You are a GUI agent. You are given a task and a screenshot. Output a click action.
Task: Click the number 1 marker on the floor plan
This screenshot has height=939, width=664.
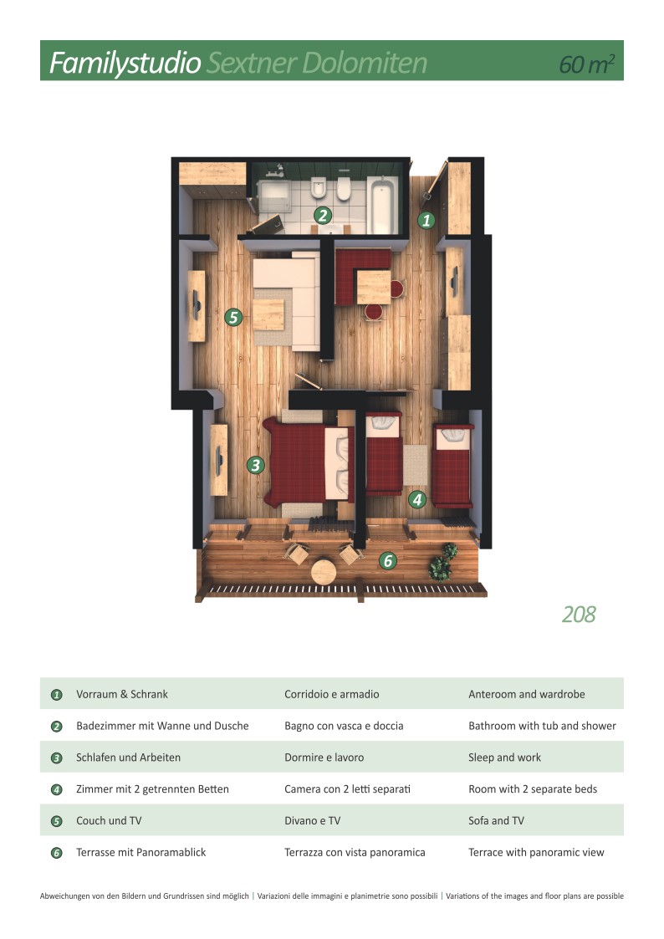click(426, 221)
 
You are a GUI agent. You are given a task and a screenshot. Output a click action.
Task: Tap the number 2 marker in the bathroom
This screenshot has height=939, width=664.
click(322, 215)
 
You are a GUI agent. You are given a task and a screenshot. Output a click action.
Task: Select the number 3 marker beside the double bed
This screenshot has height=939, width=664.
click(256, 465)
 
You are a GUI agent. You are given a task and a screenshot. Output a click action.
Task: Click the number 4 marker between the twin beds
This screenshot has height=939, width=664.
click(417, 500)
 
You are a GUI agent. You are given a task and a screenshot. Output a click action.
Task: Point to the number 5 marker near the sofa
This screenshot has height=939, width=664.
click(233, 317)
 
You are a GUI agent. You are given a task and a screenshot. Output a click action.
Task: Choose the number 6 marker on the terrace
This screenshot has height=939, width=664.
click(387, 561)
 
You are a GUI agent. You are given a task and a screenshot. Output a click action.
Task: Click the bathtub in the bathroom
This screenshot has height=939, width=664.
click(384, 205)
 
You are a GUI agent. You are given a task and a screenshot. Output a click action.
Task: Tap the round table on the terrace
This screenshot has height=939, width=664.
click(324, 572)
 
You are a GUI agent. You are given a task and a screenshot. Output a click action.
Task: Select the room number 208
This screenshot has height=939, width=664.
click(579, 615)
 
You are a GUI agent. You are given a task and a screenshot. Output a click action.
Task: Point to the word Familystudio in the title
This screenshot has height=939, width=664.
click(125, 63)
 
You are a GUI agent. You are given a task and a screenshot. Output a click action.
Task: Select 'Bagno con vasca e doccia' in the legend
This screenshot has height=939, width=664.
click(344, 726)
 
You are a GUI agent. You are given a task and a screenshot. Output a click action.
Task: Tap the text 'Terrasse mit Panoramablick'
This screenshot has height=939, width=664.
click(140, 852)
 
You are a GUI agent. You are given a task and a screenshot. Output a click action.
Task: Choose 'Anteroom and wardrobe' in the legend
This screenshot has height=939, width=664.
click(526, 694)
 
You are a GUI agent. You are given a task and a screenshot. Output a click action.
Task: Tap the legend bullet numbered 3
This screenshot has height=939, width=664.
click(57, 758)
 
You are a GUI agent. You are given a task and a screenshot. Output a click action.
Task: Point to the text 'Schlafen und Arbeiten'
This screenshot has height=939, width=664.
click(128, 758)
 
